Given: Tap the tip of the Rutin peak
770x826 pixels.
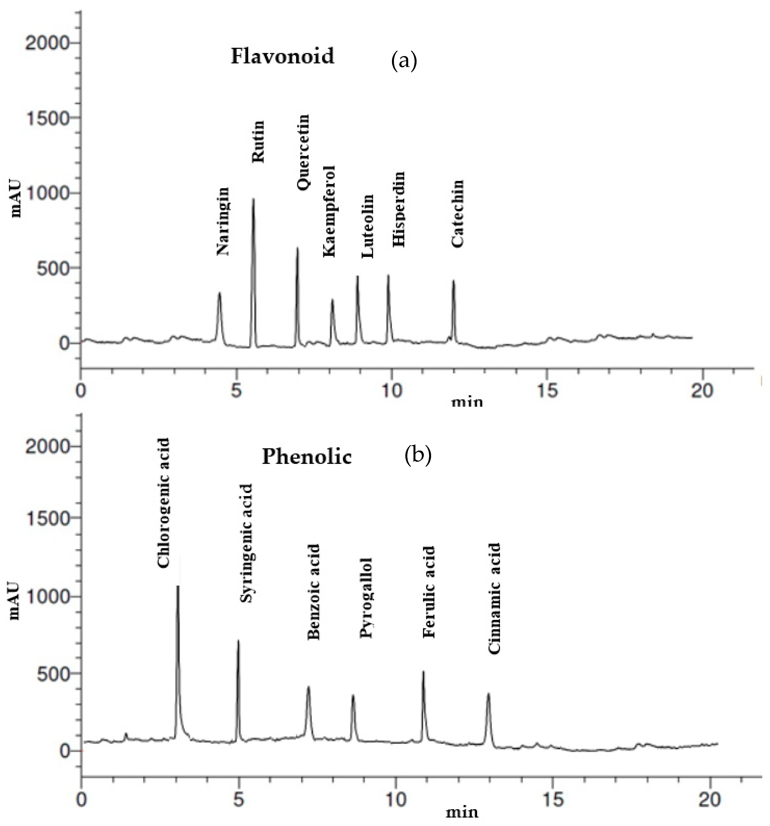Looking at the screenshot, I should click(253, 199).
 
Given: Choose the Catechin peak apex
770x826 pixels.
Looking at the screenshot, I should click(453, 281).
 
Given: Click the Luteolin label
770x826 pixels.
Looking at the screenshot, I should click(368, 226).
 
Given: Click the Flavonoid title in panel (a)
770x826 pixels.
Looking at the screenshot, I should click(283, 56).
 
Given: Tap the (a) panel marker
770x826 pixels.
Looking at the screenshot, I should click(403, 61).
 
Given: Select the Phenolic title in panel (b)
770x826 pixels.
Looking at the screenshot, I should click(307, 457).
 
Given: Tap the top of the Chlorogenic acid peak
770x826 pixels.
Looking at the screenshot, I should click(178, 586).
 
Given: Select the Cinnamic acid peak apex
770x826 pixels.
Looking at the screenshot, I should click(489, 693).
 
